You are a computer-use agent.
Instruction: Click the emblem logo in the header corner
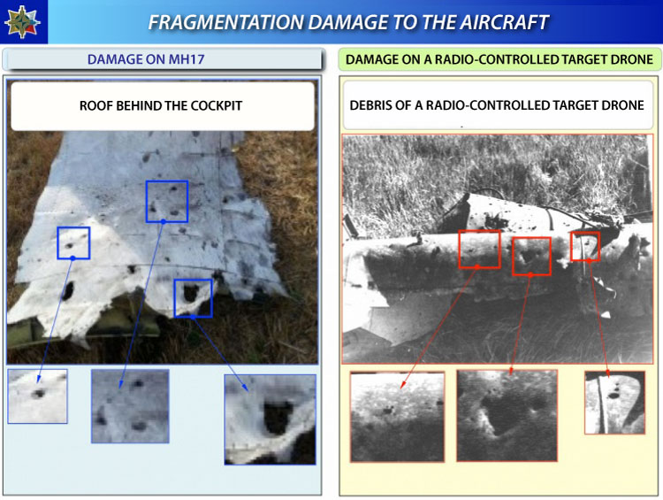pos(22,21)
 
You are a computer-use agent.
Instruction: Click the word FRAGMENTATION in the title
pos(226,22)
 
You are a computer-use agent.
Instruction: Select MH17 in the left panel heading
pos(187,58)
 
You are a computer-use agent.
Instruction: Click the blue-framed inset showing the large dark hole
pos(271,419)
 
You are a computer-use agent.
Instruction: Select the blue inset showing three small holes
pos(130,406)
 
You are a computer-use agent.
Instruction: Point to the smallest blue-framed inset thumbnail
pos(38,396)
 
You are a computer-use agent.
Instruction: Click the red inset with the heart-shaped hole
pos(507,416)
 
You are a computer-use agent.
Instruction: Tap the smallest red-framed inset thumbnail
pos(614,403)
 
